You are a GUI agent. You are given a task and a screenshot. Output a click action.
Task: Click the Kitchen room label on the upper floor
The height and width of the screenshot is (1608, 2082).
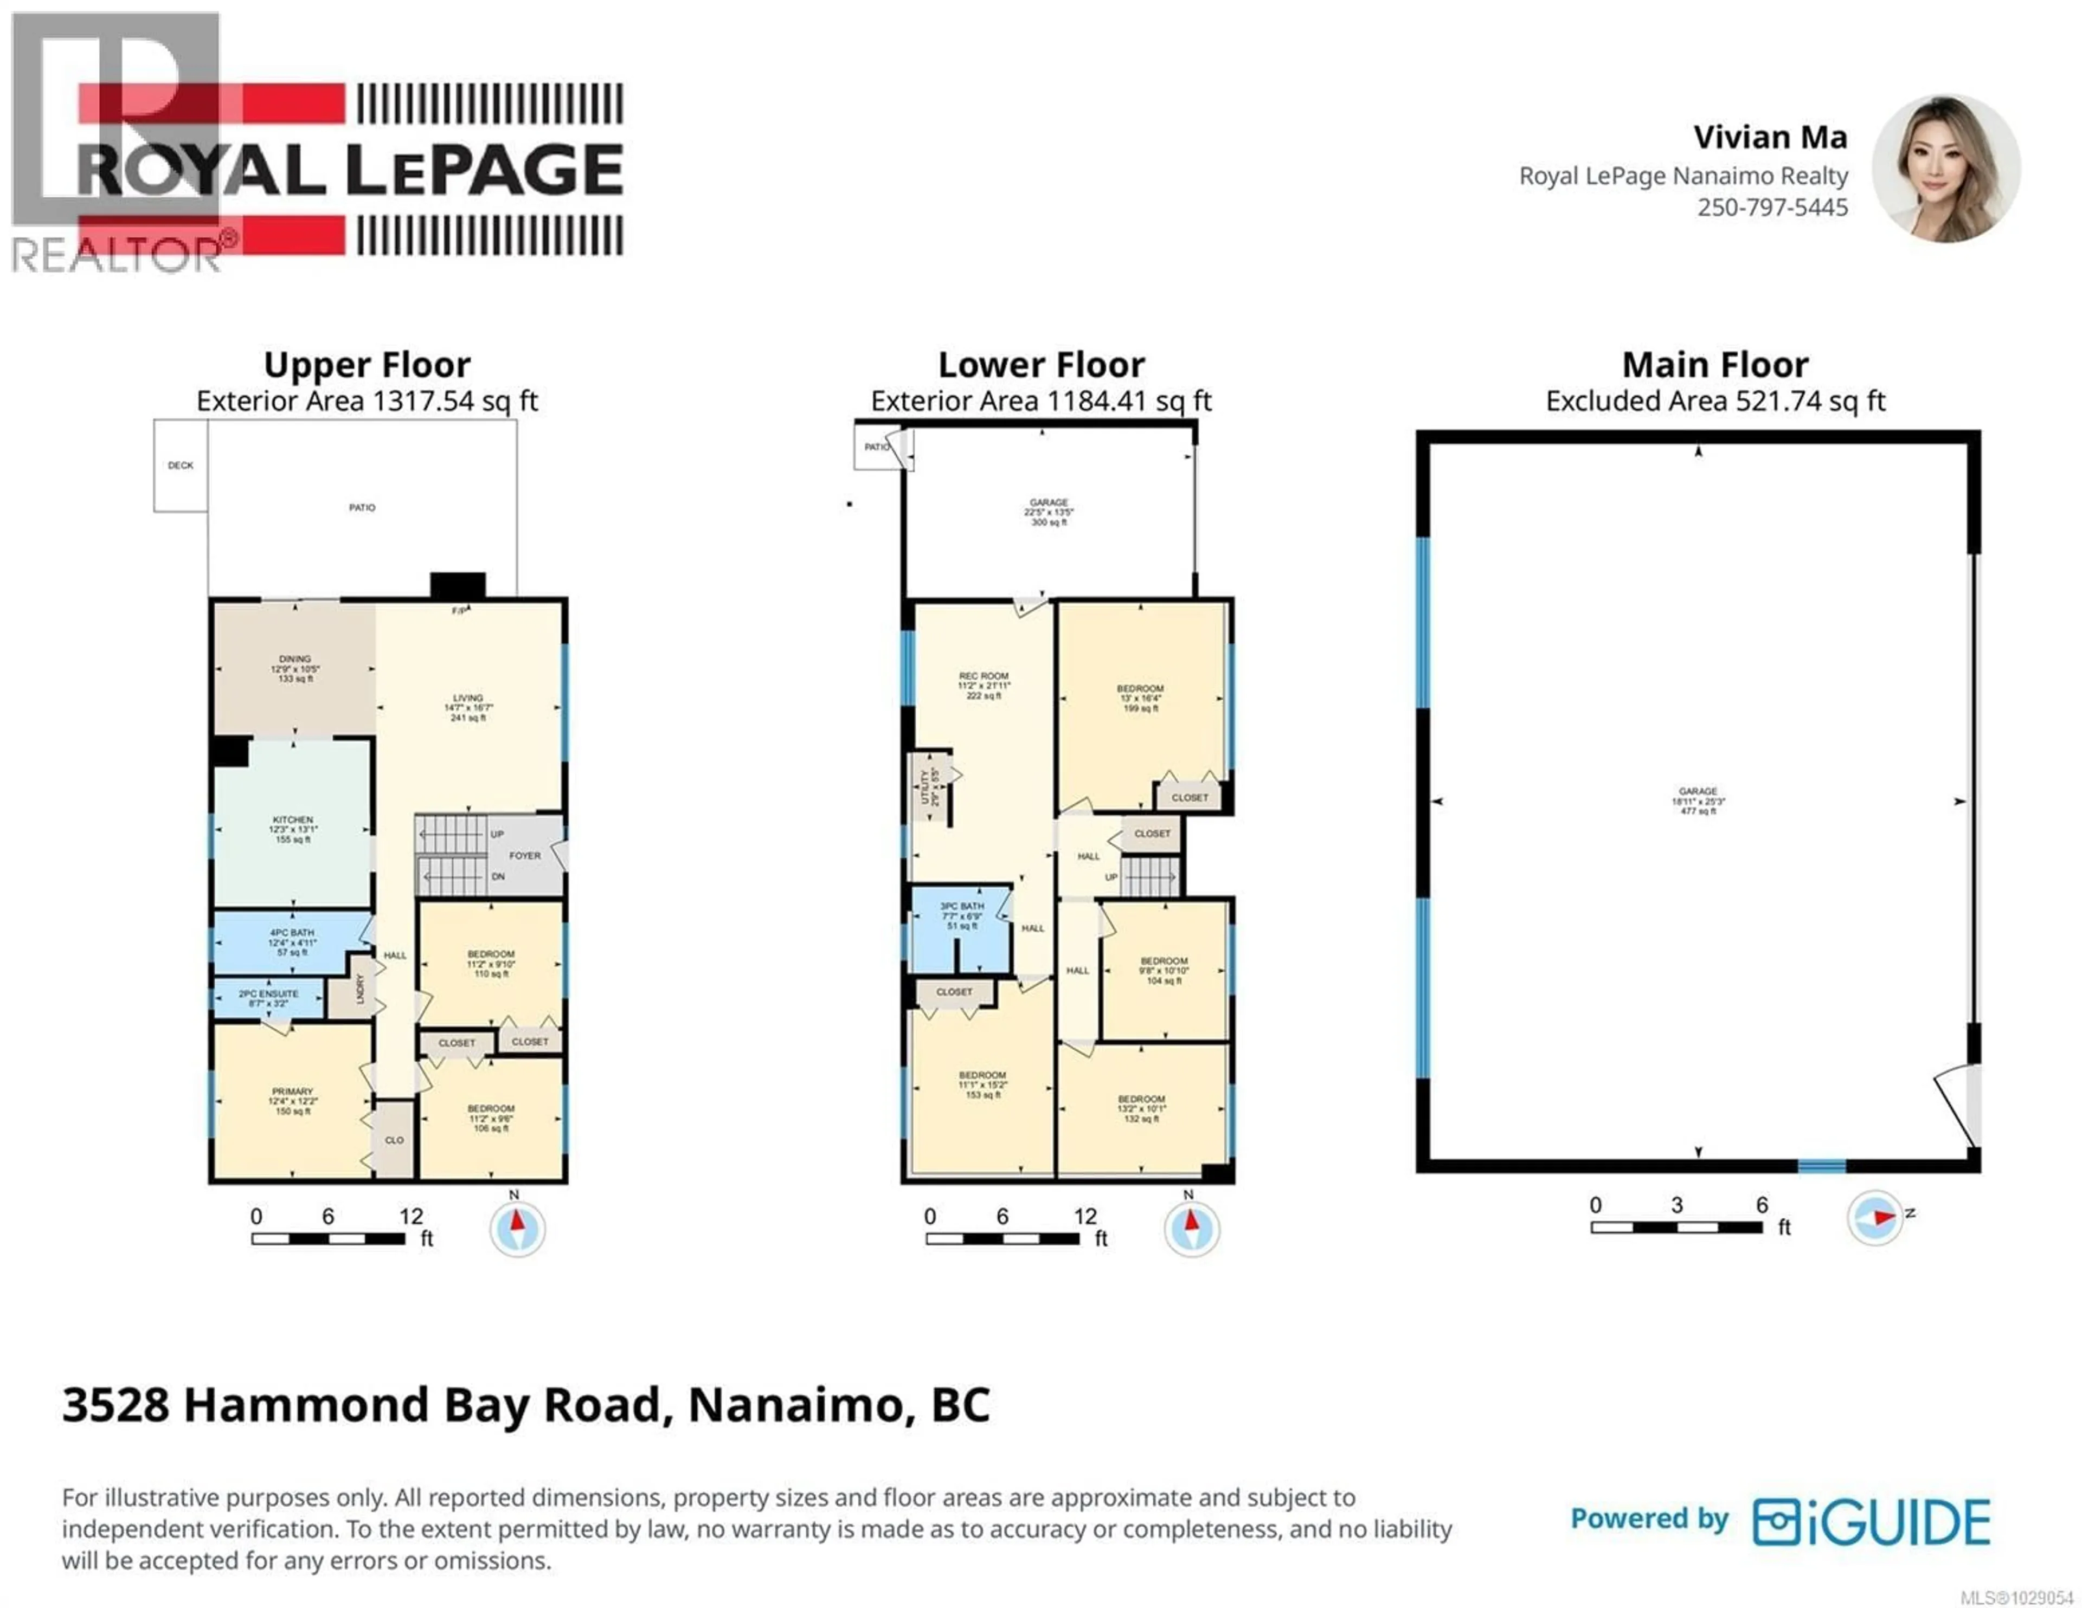point(293,828)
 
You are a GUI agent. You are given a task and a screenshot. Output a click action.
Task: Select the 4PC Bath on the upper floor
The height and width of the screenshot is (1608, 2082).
point(292,942)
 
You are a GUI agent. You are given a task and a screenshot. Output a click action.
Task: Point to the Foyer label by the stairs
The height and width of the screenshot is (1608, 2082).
point(524,855)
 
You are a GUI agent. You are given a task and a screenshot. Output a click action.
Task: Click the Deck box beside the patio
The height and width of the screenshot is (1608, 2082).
point(180,465)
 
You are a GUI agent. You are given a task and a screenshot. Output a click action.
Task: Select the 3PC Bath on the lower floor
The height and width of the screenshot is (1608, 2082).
point(962,915)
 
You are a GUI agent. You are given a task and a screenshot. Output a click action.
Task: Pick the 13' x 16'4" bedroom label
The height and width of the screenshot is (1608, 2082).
point(1140,698)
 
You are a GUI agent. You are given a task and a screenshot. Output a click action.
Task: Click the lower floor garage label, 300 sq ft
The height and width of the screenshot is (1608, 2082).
point(1049,512)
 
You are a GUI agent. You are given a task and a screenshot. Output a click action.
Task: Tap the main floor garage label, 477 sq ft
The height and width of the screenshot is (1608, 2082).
point(1698,800)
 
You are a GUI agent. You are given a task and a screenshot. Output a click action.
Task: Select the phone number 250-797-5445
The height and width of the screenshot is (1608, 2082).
point(1771,207)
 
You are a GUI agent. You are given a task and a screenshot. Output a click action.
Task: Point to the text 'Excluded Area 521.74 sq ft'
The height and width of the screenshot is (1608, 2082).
point(1715,401)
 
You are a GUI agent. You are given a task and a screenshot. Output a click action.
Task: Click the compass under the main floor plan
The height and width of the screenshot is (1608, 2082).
point(1874,1217)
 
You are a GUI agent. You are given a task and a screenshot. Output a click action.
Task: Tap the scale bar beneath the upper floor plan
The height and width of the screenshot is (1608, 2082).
point(329,1238)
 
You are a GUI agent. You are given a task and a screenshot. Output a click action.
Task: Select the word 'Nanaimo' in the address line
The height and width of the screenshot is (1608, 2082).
point(795,1404)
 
